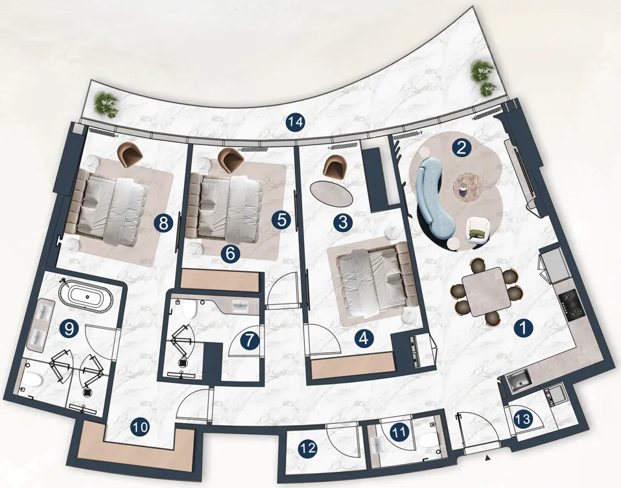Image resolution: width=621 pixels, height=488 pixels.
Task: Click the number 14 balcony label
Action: [296, 122]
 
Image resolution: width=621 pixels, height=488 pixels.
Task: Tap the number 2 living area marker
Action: [461, 148]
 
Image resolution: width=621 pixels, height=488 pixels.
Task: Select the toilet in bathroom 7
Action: [189, 309]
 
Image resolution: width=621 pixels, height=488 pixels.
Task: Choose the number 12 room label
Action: [308, 448]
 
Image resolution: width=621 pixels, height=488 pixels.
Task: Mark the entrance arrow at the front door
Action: [488, 458]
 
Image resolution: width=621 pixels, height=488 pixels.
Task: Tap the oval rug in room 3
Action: [331, 193]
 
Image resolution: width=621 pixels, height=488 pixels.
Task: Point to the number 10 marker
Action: [140, 427]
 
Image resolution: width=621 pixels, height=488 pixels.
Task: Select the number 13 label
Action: [523, 419]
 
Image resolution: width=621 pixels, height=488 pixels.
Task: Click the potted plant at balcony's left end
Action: [106, 104]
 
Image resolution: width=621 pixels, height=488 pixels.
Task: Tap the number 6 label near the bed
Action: [231, 254]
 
